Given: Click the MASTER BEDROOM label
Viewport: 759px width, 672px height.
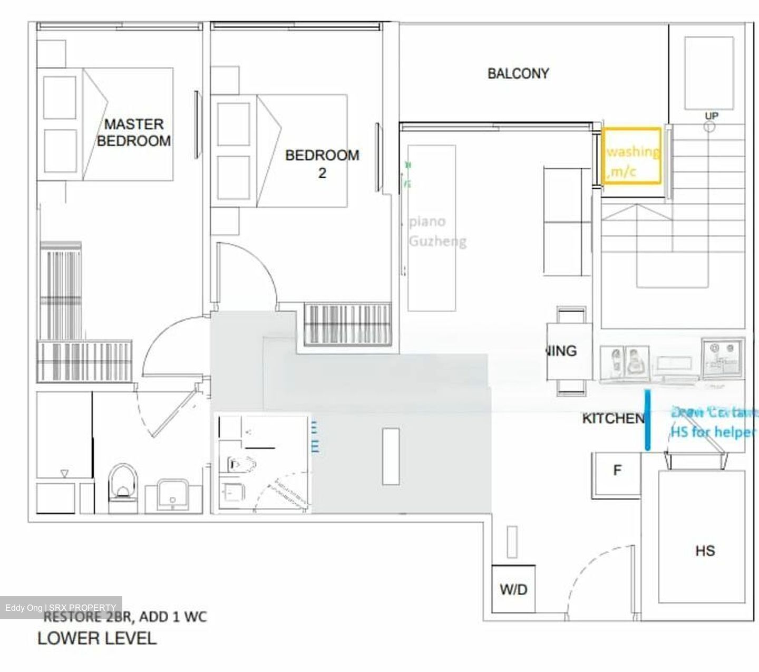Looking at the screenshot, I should pyautogui.click(x=134, y=132).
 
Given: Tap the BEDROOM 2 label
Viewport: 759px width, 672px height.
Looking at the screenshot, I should pyautogui.click(x=322, y=163).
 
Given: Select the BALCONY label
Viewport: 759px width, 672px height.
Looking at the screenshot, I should pyautogui.click(x=518, y=73).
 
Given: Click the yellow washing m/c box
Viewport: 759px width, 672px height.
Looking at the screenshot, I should pyautogui.click(x=631, y=156).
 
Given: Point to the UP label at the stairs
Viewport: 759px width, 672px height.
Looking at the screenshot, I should pyautogui.click(x=711, y=116).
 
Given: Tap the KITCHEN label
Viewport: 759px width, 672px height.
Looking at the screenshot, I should pyautogui.click(x=612, y=418).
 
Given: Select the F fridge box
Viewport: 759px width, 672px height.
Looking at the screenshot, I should pyautogui.click(x=617, y=471).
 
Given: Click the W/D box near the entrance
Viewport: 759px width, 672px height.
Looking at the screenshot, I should pyautogui.click(x=513, y=589).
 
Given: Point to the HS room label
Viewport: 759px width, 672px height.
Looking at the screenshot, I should pyautogui.click(x=705, y=551).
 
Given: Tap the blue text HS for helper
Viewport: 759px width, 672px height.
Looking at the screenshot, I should pyautogui.click(x=713, y=432).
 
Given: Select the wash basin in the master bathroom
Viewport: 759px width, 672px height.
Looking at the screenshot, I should pyautogui.click(x=172, y=495).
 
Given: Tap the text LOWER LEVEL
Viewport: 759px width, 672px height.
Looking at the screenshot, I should pyautogui.click(x=97, y=638).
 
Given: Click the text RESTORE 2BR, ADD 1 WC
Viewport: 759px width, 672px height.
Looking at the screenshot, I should pyautogui.click(x=125, y=616).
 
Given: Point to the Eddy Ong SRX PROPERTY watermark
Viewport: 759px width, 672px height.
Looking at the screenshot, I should pyautogui.click(x=61, y=608).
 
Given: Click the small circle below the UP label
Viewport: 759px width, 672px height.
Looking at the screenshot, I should pyautogui.click(x=710, y=127).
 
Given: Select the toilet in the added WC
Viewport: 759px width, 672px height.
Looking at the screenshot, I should pyautogui.click(x=240, y=464).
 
